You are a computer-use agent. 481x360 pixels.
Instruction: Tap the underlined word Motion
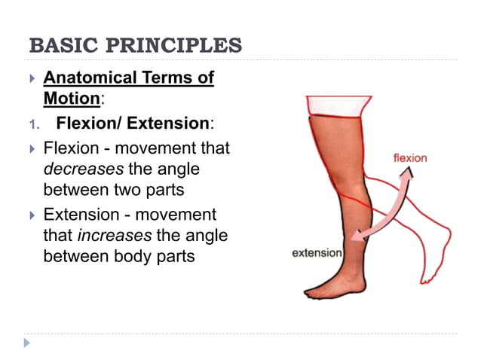(x=71, y=99)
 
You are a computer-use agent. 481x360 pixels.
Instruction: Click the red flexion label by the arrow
(x=410, y=158)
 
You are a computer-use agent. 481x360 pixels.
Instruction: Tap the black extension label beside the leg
(x=317, y=253)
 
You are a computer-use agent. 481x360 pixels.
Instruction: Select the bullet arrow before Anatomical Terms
(x=31, y=78)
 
